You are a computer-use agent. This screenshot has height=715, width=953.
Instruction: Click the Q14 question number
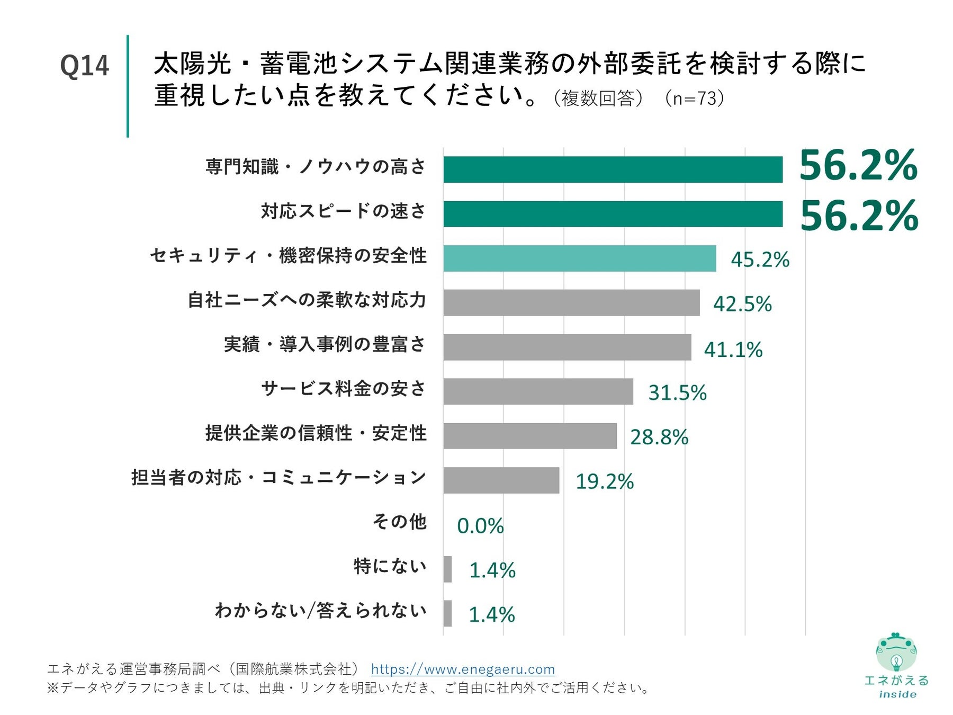click(84, 66)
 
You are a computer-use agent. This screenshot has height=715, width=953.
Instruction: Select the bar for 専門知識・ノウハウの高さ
click(613, 169)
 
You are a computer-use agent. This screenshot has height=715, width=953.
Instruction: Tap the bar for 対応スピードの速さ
click(613, 214)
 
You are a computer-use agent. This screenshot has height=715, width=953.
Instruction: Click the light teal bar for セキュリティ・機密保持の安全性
click(579, 258)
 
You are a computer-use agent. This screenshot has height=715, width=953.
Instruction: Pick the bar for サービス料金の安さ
click(538, 391)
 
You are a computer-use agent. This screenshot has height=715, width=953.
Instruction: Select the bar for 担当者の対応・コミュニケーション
click(501, 480)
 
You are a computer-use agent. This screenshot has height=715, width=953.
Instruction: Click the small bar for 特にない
click(447, 569)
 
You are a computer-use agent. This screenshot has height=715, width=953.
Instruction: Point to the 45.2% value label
click(760, 260)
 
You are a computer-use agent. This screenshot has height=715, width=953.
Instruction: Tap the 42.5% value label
click(742, 304)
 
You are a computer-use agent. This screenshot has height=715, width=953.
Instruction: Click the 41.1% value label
click(733, 350)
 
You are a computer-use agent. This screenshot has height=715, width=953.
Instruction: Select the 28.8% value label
click(659, 437)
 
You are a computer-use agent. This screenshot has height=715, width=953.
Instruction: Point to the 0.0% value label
click(480, 526)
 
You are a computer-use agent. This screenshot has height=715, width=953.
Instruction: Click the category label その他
click(399, 522)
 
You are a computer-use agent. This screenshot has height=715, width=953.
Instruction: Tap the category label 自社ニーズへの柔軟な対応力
click(307, 300)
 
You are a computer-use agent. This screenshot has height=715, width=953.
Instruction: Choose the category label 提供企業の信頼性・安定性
click(316, 433)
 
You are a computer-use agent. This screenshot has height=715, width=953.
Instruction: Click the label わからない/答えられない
click(320, 611)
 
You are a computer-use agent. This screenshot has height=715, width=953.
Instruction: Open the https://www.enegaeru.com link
click(463, 669)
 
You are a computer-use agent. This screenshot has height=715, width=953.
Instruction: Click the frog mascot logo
click(896, 653)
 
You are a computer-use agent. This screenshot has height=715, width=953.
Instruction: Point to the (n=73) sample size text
click(694, 99)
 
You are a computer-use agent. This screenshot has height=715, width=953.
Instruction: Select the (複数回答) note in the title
click(598, 99)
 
